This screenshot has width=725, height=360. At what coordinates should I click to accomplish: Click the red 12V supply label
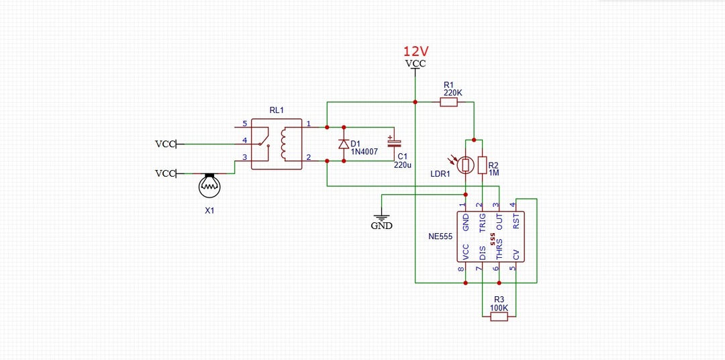pyautogui.click(x=416, y=51)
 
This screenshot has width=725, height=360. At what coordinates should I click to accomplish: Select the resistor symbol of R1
pyautogui.click(x=448, y=102)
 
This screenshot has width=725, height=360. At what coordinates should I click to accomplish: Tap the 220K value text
pyautogui.click(x=452, y=93)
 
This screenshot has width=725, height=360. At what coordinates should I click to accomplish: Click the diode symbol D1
pyautogui.click(x=344, y=144)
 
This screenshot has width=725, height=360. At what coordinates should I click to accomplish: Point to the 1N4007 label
pyautogui.click(x=364, y=151)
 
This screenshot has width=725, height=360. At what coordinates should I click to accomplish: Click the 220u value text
pyautogui.click(x=402, y=165)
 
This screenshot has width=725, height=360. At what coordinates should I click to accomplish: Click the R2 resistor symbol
pyautogui.click(x=482, y=165)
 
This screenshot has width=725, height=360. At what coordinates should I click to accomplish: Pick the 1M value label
pyautogui.click(x=494, y=173)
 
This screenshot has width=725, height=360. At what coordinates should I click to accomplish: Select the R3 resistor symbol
pyautogui.click(x=499, y=316)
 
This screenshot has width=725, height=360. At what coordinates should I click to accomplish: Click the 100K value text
pyautogui.click(x=499, y=308)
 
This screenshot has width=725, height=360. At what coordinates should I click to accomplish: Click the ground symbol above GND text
pyautogui.click(x=381, y=218)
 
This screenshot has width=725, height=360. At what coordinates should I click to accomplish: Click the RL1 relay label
pyautogui.click(x=277, y=110)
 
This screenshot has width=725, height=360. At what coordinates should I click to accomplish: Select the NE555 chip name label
pyautogui.click(x=439, y=236)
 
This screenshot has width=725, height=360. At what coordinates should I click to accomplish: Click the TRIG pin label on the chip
pyautogui.click(x=482, y=222)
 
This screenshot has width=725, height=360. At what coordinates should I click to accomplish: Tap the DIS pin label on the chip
pyautogui.click(x=482, y=253)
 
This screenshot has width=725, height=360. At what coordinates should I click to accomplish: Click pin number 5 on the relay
pyautogui.click(x=244, y=124)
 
